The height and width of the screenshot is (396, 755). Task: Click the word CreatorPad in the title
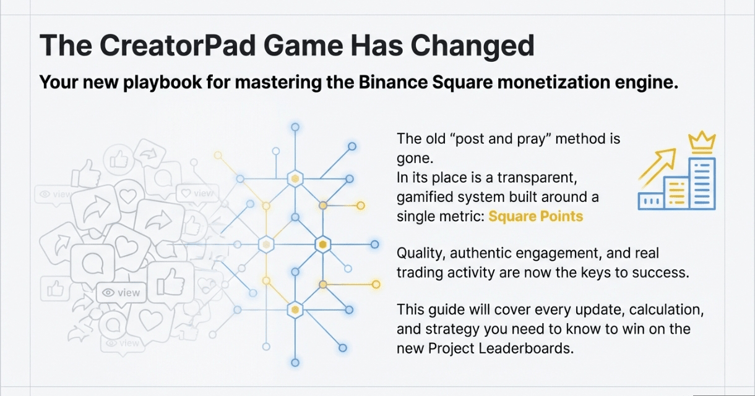click(x=178, y=45)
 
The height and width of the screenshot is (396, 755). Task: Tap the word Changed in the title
click(x=473, y=46)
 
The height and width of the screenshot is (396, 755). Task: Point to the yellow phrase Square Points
click(x=535, y=216)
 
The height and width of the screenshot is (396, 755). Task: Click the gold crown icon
click(x=702, y=142)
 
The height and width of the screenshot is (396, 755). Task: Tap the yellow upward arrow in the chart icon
click(x=657, y=167)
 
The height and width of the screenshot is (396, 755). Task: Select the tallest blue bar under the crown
click(x=702, y=183)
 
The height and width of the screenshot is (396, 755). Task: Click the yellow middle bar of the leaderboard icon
click(x=676, y=193)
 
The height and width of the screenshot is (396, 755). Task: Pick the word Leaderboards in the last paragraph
click(x=526, y=348)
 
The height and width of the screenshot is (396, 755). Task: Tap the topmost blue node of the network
click(x=295, y=127)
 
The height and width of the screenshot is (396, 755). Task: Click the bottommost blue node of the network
click(x=295, y=363)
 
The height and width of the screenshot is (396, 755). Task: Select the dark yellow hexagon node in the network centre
click(x=322, y=245)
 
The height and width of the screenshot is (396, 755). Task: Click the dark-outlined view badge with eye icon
click(x=121, y=293)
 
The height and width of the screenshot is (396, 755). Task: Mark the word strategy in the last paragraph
click(x=452, y=329)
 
